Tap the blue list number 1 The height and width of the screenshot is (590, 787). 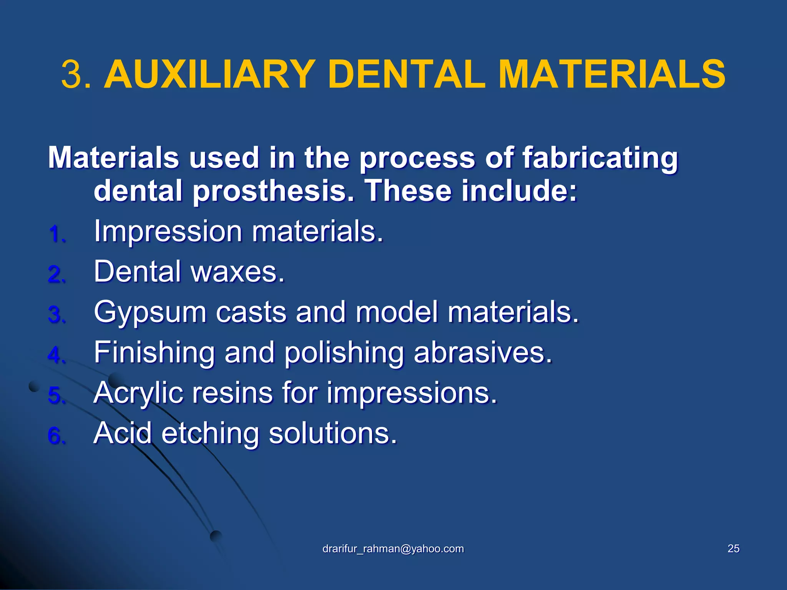coord(57,234)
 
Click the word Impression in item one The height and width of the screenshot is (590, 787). coord(168,232)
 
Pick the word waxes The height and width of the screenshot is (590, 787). coord(237,272)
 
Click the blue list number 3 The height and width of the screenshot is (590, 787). coord(57,315)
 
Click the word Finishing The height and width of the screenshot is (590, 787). coord(154,353)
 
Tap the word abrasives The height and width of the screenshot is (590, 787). coord(483,352)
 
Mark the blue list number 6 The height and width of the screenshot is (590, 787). coord(57,436)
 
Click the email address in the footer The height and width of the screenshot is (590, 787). coord(393,549)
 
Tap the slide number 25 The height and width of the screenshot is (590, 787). coord(733,549)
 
